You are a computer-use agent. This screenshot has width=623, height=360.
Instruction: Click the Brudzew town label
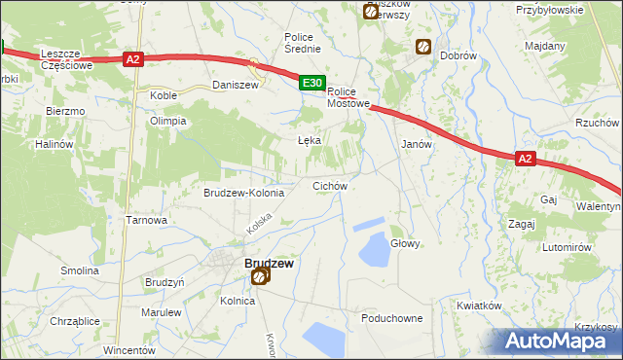(x=269, y=263)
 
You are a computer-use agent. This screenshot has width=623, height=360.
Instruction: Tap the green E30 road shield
(x=311, y=85)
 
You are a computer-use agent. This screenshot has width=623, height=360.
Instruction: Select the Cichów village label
(x=329, y=185)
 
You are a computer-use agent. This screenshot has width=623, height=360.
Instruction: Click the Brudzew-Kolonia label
(x=243, y=193)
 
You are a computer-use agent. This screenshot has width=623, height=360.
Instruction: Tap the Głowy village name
(x=405, y=244)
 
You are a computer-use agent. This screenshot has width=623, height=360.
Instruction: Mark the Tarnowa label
(x=147, y=220)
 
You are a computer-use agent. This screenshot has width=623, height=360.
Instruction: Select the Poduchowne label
(x=391, y=318)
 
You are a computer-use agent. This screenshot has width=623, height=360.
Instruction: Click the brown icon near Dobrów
(x=423, y=46)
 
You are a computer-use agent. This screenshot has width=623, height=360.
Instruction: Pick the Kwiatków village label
(x=478, y=305)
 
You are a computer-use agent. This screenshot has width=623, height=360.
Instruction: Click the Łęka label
(x=309, y=140)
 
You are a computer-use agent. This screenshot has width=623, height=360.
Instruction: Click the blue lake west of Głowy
(x=375, y=251)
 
